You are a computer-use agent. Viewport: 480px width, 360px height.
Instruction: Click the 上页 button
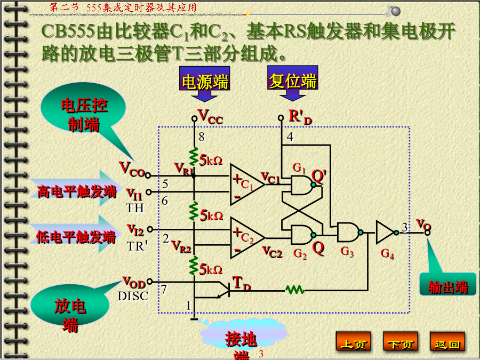(x=353, y=341)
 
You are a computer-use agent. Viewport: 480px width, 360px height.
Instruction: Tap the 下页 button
(x=401, y=341)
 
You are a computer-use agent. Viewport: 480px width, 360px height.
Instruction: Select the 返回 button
(x=447, y=341)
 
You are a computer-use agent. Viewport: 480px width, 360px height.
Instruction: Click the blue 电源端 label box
(x=204, y=79)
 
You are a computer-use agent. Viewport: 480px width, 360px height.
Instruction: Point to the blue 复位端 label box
(x=293, y=78)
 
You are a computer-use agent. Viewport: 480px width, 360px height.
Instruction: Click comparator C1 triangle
(x=246, y=185)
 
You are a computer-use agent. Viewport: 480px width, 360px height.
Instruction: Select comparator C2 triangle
(x=246, y=237)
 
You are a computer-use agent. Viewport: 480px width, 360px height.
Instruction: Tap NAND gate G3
(x=349, y=232)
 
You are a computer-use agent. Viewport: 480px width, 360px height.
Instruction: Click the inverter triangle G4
(x=386, y=233)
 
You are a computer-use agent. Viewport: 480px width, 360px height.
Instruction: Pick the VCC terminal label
(x=210, y=117)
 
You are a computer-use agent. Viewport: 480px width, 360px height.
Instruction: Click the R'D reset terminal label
(x=300, y=117)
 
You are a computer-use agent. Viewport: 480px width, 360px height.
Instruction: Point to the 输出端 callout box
(x=447, y=285)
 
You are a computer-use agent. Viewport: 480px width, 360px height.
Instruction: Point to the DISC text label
(x=133, y=296)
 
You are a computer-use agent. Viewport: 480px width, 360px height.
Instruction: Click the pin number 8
(x=202, y=137)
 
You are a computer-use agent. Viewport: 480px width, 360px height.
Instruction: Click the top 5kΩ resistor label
(x=211, y=160)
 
